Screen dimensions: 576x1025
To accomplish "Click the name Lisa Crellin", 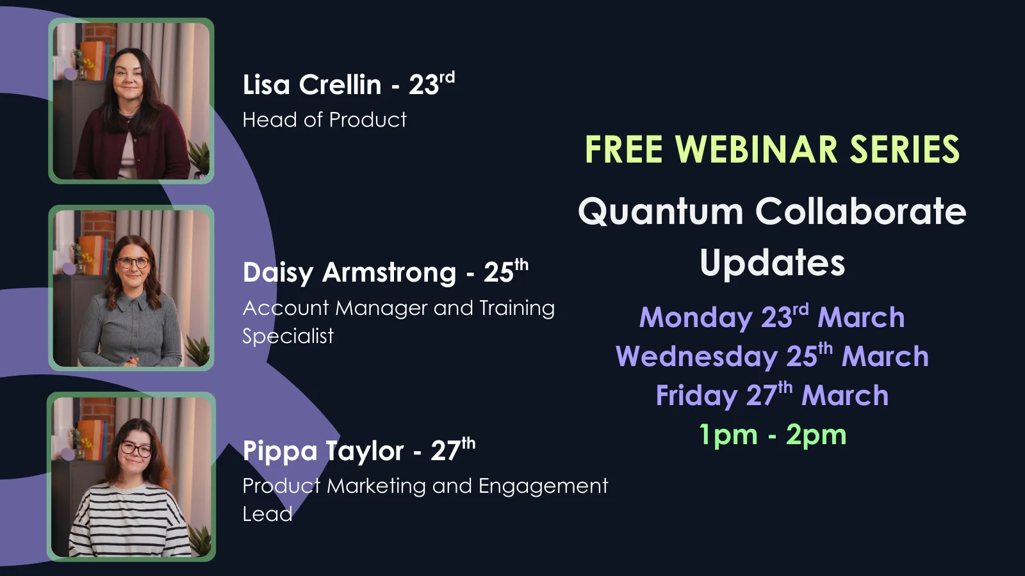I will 312,85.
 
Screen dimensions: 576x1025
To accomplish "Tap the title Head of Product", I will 324,120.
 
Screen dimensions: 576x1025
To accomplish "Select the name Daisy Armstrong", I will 349,273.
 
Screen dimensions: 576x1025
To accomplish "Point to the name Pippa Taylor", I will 323,451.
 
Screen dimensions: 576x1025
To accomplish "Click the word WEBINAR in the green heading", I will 756,150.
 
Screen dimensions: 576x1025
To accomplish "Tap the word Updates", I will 772,263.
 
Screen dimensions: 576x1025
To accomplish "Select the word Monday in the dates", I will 687,318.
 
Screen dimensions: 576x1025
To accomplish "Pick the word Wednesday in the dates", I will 696,357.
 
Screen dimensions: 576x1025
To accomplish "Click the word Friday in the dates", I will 696,396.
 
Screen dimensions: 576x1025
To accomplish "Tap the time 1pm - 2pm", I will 773,435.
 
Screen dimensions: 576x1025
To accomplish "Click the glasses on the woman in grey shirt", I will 133,262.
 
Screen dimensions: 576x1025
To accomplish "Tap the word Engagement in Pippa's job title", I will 543,486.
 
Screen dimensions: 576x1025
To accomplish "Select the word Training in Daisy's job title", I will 516,308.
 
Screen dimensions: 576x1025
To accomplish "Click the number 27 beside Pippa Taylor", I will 445,452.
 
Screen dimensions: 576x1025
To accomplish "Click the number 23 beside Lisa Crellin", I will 423,86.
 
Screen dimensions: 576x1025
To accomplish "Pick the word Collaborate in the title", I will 860,212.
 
